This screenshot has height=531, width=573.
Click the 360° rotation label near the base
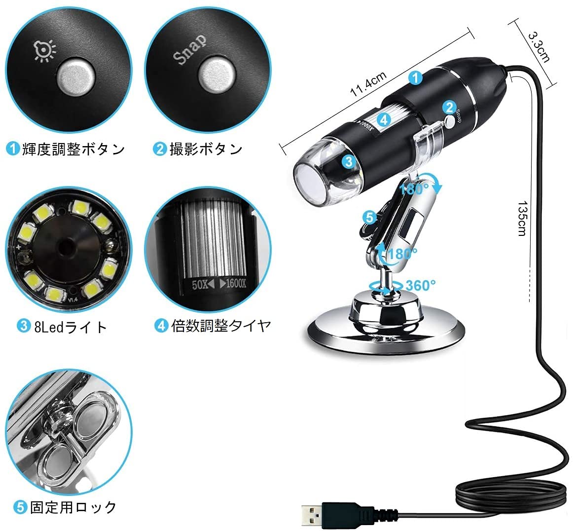[420, 285]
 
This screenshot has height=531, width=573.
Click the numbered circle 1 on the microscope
[416, 77]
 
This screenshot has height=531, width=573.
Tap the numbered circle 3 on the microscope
[349, 160]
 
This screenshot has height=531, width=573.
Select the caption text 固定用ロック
[73, 507]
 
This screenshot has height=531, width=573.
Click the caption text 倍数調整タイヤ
[221, 326]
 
